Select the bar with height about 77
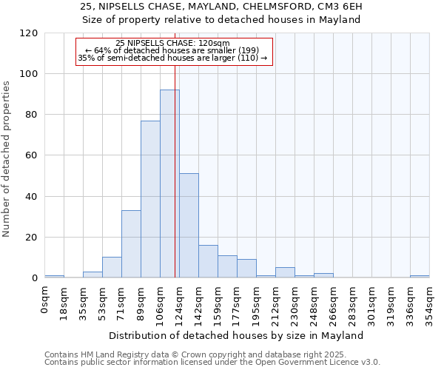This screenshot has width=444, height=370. click(150, 199)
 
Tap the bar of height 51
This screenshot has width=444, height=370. click(189, 225)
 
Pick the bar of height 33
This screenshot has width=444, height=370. click(131, 244)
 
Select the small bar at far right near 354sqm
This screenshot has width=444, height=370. click(420, 277)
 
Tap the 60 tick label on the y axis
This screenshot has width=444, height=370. click(32, 155)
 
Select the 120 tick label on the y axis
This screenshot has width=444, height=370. click(30, 33)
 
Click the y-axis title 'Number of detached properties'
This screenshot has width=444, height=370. click(7, 159)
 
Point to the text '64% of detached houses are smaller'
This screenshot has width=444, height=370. click(172, 50)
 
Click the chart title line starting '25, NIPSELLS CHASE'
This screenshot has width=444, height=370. click(221, 7)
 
